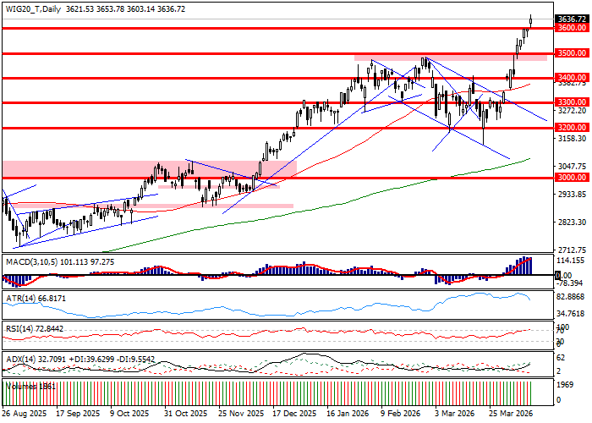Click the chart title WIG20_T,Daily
(x=33, y=8)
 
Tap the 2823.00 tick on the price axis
(x=573, y=222)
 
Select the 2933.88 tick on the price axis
(x=573, y=195)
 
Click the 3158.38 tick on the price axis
(x=573, y=139)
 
